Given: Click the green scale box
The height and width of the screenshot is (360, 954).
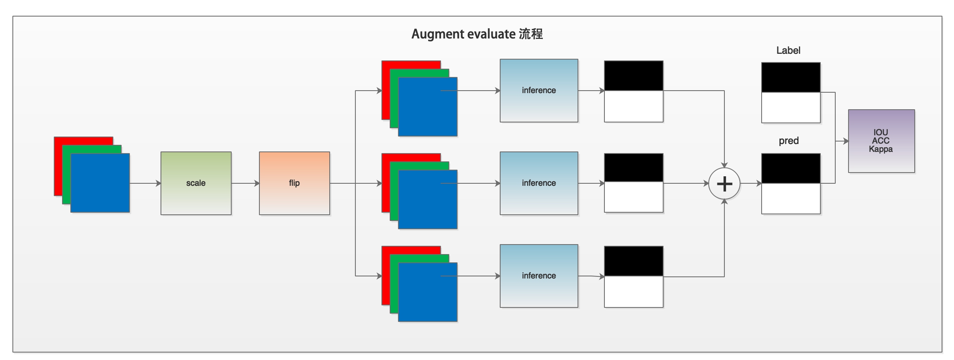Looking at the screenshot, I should [x=196, y=183].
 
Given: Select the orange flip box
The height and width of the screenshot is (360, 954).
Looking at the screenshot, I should [x=294, y=183].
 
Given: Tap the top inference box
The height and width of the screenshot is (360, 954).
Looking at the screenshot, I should [x=539, y=90].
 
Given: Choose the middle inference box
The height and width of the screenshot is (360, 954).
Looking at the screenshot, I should [x=539, y=183].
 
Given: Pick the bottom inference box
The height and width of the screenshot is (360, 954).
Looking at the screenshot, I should [x=539, y=276].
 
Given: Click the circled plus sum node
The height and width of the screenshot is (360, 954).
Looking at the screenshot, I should [x=724, y=183].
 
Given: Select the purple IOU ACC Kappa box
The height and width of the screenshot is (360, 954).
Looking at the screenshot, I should [x=881, y=141].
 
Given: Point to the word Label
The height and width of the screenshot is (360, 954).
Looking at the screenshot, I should [x=788, y=50].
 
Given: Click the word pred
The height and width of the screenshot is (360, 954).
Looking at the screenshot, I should [x=789, y=141].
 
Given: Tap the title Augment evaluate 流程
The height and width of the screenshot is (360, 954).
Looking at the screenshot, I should [x=477, y=34].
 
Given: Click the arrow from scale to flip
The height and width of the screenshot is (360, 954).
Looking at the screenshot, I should [x=245, y=183].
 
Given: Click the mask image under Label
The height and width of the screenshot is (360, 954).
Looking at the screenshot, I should [x=791, y=93].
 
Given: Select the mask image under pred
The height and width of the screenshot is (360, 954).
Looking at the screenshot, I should [x=791, y=184].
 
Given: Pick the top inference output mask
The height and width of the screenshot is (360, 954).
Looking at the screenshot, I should [x=633, y=91].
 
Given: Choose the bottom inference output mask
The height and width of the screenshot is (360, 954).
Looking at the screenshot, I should [x=633, y=277].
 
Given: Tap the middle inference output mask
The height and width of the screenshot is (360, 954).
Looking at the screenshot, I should [x=633, y=183].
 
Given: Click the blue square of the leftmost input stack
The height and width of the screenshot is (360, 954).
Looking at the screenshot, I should [x=100, y=183].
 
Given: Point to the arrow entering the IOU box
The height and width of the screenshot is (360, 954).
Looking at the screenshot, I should [x=842, y=141].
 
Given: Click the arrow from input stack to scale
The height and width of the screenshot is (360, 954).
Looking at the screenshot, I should [x=145, y=183].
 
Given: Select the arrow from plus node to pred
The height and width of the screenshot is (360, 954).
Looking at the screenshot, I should [x=751, y=183].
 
